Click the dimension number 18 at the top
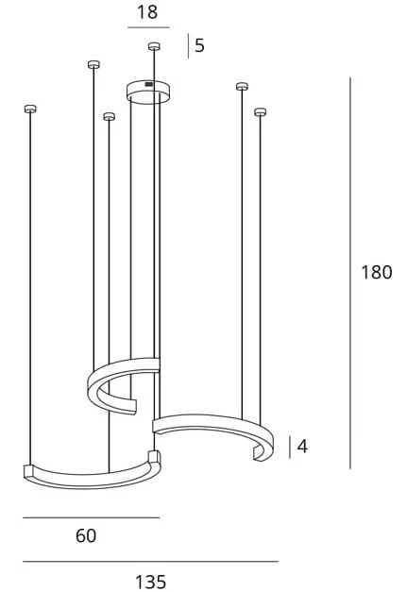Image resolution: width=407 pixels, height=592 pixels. coord(147,12)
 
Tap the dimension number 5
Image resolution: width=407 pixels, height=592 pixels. coord(200,45)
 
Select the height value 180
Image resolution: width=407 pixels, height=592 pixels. coord(377,272)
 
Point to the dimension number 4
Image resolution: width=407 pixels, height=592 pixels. coord(302,447)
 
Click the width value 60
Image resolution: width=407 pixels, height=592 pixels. coord(86,535)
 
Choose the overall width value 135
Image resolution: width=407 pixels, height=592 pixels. coord(150,582)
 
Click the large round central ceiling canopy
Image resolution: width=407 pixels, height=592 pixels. coord(148,91)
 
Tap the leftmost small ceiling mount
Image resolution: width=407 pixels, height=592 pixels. coord(30,110)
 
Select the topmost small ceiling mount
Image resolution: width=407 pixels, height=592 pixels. coord(154,46)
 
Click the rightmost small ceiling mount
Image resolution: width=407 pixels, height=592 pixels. coord(260,112)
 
